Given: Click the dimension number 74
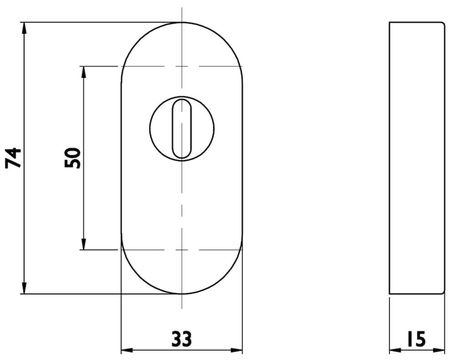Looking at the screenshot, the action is click(14, 158).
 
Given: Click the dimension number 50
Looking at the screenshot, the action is click(72, 158).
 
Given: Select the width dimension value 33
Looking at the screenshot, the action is click(182, 338).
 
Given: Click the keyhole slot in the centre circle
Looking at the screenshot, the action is click(182, 129).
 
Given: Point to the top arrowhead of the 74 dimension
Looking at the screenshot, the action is click(24, 28).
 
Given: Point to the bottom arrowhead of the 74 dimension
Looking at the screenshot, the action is click(24, 288).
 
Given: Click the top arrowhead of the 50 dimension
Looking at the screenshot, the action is click(83, 72).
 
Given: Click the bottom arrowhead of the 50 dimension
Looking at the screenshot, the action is click(83, 243).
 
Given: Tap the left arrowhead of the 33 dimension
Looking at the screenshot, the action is click(127, 350).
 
